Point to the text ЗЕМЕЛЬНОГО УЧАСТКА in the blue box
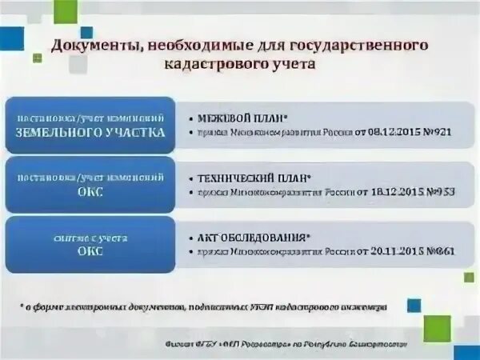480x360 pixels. pyautogui.click(x=90, y=133)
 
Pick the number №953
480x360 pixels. pyautogui.click(x=436, y=193)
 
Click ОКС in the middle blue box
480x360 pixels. pyautogui.click(x=90, y=193)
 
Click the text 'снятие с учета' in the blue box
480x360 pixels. pyautogui.click(x=90, y=238)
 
